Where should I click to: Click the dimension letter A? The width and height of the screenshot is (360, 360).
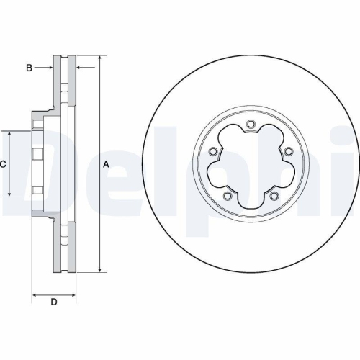[x=107, y=164]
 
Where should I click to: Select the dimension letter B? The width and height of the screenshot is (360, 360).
[x=30, y=68]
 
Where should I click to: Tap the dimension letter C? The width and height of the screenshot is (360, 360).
[x=3, y=164]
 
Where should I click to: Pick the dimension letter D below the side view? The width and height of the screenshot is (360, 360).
[x=53, y=302]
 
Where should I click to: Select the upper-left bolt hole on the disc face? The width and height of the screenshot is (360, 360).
[x=214, y=151]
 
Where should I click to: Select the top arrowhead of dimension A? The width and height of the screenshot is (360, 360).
[x=99, y=57]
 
